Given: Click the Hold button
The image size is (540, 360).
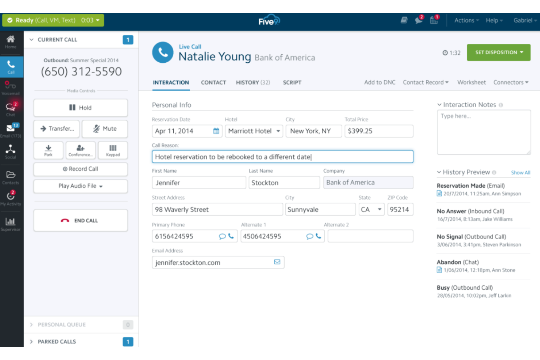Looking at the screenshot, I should coord(80,108).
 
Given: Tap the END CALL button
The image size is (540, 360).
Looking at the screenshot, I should coord(80,220).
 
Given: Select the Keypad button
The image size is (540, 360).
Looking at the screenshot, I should coord(113,150).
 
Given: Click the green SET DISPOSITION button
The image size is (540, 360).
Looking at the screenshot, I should coord(498,53).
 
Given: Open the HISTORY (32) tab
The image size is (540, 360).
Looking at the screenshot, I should coord(253,82).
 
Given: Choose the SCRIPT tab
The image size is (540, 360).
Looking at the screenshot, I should coord(292,82).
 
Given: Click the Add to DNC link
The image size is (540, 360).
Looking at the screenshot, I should coord(379,82).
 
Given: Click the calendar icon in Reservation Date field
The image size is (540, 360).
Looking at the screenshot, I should coord(216,131).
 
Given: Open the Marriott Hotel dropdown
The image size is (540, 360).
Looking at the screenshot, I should coord(254,131).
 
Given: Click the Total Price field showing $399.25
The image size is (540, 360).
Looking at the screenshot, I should coord(379,131).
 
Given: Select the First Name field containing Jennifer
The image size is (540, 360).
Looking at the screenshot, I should coord(198,183).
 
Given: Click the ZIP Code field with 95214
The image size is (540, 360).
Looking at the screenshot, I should coord(400,209).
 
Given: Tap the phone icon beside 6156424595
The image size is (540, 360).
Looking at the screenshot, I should coord(231,236).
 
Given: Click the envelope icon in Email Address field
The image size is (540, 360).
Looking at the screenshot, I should coord(277,262).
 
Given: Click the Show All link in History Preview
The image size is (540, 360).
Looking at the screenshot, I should coord(520,173).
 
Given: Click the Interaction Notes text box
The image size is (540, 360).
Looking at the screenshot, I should coord(483,132).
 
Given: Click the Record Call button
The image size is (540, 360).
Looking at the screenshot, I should coord(80,169).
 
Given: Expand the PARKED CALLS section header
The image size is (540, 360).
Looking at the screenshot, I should coord(57,341).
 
